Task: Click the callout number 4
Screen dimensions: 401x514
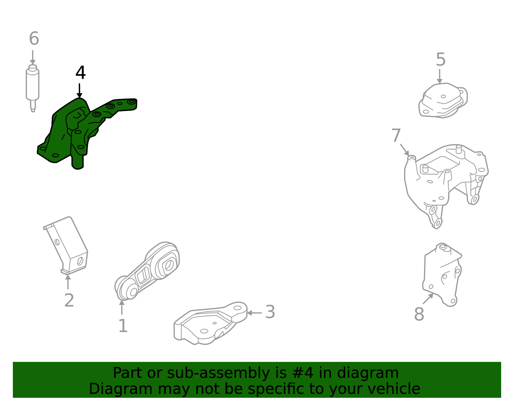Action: pos(81,73)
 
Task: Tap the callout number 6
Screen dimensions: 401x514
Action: pos(34,39)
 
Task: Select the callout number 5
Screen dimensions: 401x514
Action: pos(441,60)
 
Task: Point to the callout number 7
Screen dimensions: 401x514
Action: pos(396,136)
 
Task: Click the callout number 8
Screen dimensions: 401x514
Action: pos(419,314)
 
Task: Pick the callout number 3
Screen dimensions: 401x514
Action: pos(270,312)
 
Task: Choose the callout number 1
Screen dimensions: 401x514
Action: pos(123,326)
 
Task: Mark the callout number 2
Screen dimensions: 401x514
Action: pos(69,301)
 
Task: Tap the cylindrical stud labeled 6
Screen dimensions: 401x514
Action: pos(32,85)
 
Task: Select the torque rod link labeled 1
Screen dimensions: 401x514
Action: pos(148,271)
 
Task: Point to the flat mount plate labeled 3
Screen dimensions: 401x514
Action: pos(209,324)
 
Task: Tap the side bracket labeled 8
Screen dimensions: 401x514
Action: pos(443,276)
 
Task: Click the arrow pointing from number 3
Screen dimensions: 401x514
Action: pos(254,313)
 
